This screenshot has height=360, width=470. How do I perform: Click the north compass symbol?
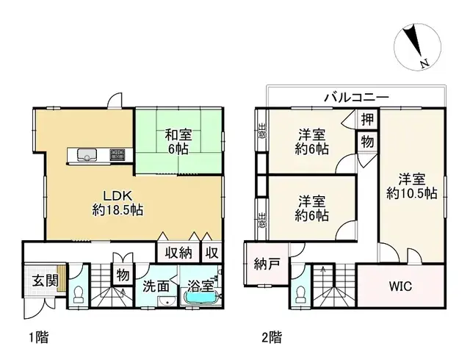point(416,45)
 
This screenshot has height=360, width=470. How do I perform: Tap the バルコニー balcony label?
point(357,97)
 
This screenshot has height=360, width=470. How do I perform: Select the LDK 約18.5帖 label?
point(117,203)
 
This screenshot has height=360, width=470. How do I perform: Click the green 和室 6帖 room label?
point(178,141)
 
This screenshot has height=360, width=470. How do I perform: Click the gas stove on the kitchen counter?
point(117,154)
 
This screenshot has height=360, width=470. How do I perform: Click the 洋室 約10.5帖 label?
point(412,186)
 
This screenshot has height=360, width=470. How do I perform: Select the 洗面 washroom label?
point(156,286)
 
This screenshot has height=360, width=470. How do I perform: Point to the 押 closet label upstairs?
point(365,118)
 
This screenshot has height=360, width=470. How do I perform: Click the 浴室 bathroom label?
point(200,285)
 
